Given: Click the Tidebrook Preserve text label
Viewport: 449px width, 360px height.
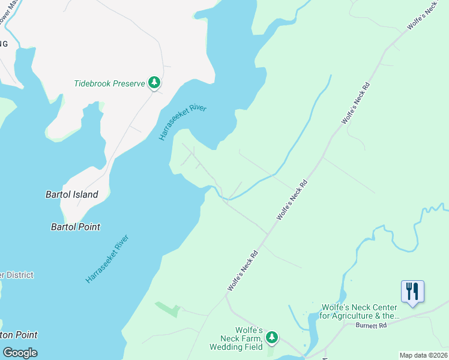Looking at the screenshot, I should [x=109, y=83].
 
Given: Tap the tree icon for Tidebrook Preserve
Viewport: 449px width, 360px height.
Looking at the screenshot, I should [x=155, y=83].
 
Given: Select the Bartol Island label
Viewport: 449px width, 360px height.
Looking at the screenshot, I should [x=72, y=194].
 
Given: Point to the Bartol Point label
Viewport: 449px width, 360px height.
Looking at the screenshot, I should [x=76, y=227].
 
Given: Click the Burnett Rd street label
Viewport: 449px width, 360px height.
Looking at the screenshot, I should [x=371, y=325].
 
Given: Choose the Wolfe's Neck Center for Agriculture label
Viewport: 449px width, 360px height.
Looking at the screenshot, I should [x=360, y=311].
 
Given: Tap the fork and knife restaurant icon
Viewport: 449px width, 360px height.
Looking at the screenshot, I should [x=412, y=292].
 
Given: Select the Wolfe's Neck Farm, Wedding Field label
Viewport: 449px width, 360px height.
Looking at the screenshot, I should [x=236, y=338].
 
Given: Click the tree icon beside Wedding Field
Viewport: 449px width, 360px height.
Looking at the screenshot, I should [x=272, y=338].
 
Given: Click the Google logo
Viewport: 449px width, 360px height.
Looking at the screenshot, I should [x=20, y=352].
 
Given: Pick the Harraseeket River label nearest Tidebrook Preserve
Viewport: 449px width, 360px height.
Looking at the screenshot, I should [x=182, y=122].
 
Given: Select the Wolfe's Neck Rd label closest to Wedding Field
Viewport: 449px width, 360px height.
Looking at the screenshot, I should [x=243, y=271].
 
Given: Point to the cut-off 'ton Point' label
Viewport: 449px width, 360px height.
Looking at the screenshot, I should [x=19, y=335].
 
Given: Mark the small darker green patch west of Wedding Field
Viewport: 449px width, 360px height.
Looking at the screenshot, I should [x=168, y=309].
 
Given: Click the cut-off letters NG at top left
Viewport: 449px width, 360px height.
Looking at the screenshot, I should [x=4, y=44].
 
